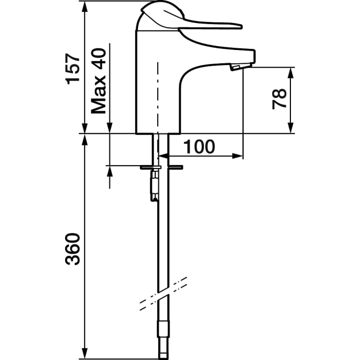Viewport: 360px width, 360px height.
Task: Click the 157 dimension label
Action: [73, 69]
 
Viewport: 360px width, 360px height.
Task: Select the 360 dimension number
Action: [73, 249]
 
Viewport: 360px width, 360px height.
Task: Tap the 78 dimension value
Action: [279, 99]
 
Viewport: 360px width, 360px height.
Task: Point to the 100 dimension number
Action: [199, 146]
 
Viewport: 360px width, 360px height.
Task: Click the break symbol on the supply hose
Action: [164, 294]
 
